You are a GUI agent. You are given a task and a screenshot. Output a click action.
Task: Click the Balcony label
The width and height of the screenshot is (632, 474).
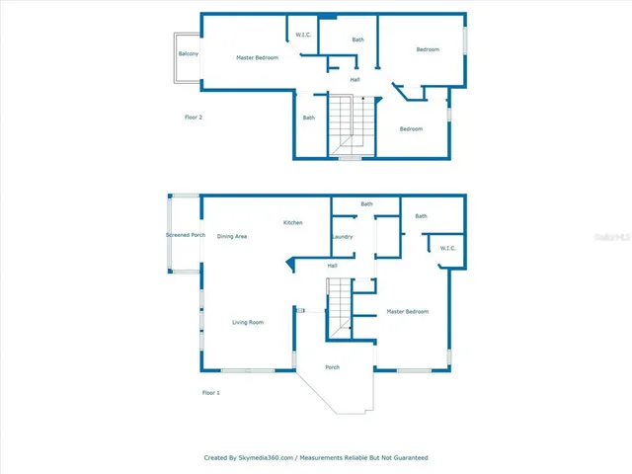(x=188, y=53)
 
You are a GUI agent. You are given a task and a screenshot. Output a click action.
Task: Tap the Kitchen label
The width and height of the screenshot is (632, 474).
(x=293, y=223)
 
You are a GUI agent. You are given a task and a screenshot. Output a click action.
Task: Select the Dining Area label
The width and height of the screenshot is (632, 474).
(x=232, y=236)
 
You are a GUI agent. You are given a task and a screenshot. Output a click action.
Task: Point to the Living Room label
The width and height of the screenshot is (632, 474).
(x=247, y=322)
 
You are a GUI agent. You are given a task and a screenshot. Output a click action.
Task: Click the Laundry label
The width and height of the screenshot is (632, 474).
(x=343, y=237)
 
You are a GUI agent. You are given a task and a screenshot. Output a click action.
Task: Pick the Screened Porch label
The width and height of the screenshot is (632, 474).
(x=186, y=235)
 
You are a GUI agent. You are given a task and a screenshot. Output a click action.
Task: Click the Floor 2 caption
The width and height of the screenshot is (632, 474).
(x=194, y=118)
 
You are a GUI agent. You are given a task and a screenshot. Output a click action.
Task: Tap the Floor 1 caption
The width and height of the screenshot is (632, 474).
(x=210, y=392)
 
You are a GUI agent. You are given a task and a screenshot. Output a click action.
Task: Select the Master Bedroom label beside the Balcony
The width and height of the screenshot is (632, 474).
(x=257, y=57)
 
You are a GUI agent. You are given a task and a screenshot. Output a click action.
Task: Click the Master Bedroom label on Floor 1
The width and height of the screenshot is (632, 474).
(x=407, y=312)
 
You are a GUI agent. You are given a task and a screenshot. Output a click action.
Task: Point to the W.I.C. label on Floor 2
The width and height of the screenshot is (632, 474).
(x=304, y=36)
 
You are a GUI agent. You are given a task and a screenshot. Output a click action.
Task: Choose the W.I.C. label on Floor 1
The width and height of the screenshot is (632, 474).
(x=446, y=248)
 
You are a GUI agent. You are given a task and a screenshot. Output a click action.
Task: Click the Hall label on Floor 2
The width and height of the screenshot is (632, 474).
(x=354, y=80)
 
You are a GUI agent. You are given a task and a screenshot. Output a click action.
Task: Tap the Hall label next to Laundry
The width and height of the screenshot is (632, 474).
(x=333, y=265)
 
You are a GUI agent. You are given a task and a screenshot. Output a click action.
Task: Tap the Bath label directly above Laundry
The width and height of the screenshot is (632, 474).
(x=366, y=204)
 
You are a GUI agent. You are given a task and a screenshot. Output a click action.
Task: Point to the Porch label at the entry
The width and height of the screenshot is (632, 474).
(x=333, y=367)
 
